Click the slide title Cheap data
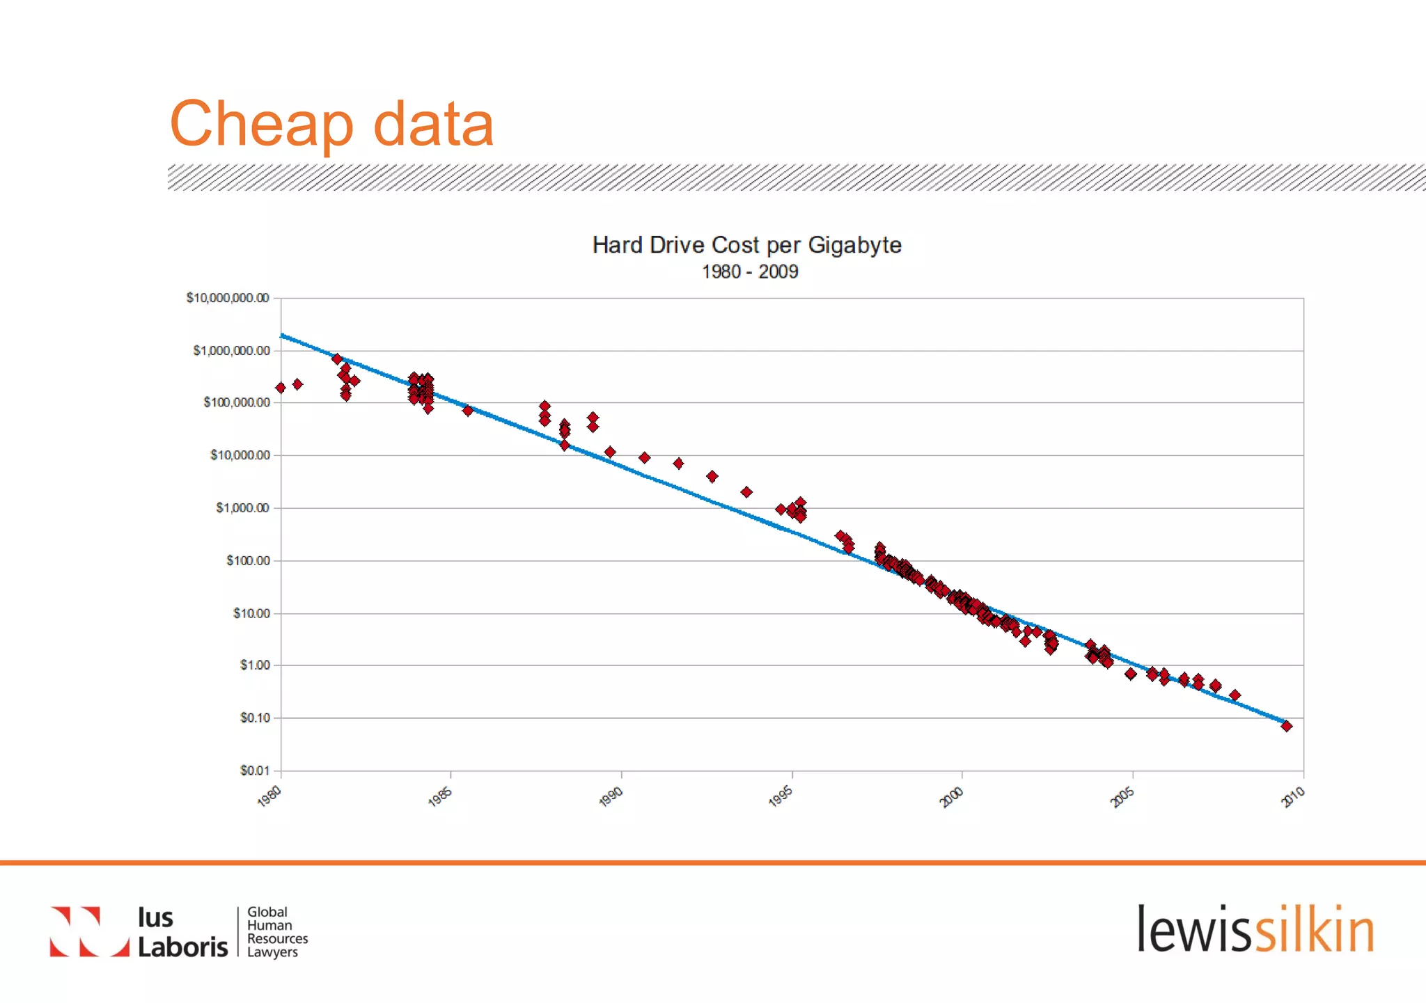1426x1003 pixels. (x=331, y=124)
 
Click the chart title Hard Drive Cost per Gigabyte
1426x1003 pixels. (x=746, y=245)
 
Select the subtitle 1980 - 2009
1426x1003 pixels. (x=749, y=271)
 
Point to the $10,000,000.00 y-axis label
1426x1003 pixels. (x=228, y=298)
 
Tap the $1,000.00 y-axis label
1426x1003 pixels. (x=242, y=508)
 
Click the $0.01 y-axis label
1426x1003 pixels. (x=255, y=771)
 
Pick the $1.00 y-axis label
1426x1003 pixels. (x=255, y=665)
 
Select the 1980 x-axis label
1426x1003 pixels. (x=269, y=796)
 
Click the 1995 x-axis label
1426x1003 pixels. (x=781, y=796)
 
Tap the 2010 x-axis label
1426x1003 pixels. (x=1293, y=796)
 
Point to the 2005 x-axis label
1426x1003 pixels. (x=1122, y=796)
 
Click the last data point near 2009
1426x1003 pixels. (x=1286, y=726)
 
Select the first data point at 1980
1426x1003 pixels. (x=281, y=388)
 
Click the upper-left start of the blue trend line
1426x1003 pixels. (x=282, y=335)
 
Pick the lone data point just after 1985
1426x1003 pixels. (x=467, y=411)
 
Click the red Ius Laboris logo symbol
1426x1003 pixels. (x=89, y=931)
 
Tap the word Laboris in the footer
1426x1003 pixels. (x=182, y=947)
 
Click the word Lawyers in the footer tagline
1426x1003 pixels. (x=272, y=952)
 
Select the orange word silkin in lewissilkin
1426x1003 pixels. (x=1315, y=930)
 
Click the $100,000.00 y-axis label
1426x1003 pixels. (x=237, y=402)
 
